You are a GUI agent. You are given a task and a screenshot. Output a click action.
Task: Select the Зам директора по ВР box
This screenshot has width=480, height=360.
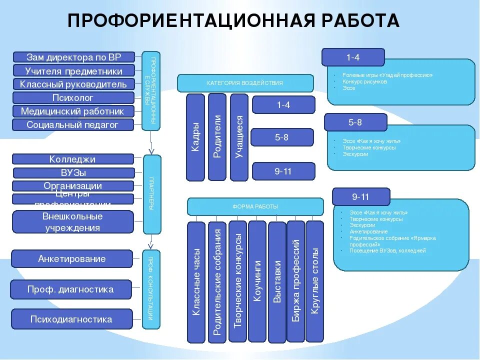[73, 57]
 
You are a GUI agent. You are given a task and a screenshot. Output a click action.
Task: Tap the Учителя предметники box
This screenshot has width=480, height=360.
[73, 70]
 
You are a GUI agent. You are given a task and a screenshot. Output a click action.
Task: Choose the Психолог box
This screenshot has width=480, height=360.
[73, 97]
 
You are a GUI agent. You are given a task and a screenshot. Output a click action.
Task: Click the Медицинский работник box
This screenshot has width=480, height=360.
[73, 111]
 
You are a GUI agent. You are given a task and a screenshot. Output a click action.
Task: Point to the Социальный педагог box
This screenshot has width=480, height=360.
[73, 125]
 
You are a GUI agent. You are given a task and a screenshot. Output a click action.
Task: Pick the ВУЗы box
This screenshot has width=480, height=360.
[73, 173]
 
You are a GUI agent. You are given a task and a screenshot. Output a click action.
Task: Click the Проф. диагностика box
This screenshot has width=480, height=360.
[70, 289]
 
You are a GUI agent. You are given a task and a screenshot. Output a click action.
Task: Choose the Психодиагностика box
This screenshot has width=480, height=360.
[71, 319]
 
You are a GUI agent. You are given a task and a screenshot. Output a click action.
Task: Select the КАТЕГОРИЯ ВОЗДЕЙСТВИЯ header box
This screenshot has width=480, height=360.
[245, 83]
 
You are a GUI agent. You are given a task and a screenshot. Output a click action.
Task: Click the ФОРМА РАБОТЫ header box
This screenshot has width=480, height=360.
[255, 206]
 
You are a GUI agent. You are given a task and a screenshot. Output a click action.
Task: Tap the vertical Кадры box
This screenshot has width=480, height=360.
[195, 137]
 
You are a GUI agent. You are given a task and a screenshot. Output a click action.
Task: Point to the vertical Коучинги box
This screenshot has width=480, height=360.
[257, 281]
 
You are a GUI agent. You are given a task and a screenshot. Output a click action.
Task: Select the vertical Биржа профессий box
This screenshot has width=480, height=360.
[295, 281]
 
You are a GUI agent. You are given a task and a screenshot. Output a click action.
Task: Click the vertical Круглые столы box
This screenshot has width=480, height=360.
[314, 281]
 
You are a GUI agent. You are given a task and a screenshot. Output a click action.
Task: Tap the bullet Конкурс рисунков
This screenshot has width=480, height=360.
[364, 81]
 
